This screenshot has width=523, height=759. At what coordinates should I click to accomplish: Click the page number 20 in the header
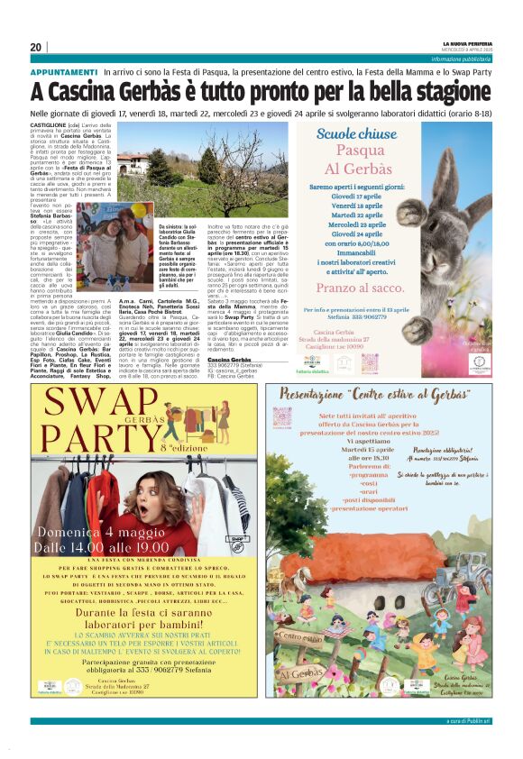click(36, 47)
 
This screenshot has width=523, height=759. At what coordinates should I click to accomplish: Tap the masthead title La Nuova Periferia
click(468, 42)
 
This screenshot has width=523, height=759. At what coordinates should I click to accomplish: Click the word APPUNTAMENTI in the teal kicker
click(64, 71)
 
